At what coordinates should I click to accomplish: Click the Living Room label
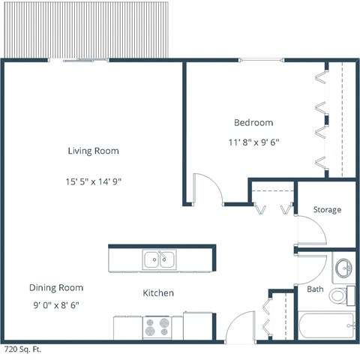pos(93,151)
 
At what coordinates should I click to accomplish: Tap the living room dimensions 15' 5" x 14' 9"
pos(93,181)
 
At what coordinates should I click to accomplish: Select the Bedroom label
pos(253,122)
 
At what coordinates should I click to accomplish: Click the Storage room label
pos(327,209)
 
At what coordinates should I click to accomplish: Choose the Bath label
pos(314,289)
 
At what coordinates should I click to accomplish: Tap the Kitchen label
pos(158,292)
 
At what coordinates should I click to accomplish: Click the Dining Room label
pos(56,287)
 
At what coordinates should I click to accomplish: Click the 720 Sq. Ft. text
pos(22,349)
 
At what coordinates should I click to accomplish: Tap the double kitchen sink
pos(158,260)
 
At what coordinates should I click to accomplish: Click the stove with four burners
pos(157,327)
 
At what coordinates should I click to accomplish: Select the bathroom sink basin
pos(344,268)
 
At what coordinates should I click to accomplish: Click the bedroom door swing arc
pos(205,187)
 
